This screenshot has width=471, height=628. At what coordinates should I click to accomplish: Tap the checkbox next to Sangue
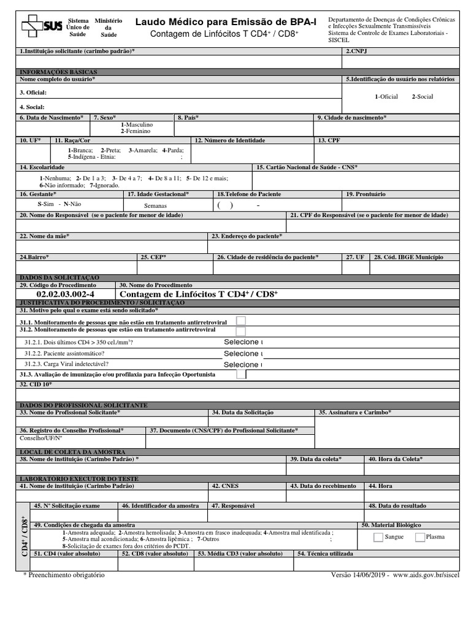click(378, 537)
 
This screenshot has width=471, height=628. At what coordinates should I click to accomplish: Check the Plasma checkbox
click(420, 537)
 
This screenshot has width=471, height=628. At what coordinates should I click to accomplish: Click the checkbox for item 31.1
click(241, 321)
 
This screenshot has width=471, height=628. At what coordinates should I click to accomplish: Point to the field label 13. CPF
click(329, 140)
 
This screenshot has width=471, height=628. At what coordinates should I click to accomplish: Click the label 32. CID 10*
click(36, 385)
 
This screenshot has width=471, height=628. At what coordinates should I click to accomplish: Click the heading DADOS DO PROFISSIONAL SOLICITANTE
click(83, 405)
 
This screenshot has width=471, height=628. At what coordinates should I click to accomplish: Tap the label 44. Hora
click(380, 486)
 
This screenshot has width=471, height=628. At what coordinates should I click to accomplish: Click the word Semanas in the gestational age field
click(156, 206)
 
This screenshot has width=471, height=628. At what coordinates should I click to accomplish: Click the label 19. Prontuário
click(366, 194)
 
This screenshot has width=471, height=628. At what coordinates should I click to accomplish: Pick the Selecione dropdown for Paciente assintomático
click(243, 354)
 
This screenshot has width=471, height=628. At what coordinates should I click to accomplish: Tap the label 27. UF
click(355, 257)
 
